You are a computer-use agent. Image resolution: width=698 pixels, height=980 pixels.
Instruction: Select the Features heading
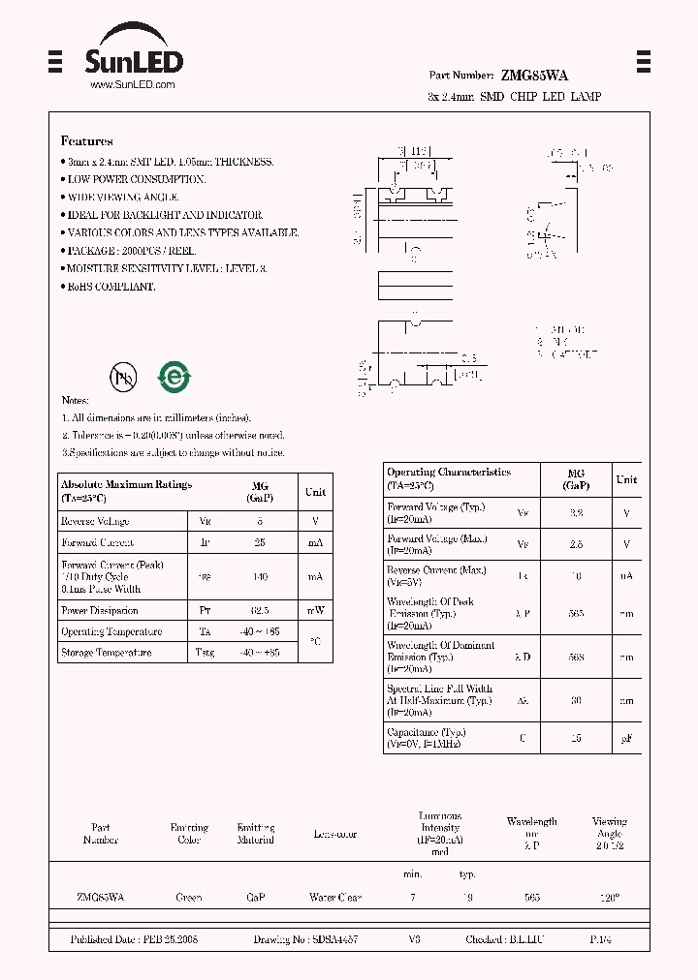(x=86, y=141)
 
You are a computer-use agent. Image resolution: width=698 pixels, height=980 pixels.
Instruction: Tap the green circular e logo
(x=174, y=378)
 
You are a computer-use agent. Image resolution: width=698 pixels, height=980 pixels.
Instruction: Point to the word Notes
(x=75, y=400)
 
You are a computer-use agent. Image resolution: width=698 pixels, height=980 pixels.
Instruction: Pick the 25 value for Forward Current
(x=259, y=542)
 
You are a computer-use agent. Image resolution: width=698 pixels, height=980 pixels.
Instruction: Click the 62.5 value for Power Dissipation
(x=259, y=611)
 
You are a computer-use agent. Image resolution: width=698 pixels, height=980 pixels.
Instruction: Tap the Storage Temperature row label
(x=106, y=653)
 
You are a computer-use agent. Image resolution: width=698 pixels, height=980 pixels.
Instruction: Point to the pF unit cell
(x=626, y=738)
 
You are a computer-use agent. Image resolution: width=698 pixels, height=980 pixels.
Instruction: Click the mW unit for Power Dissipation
(x=315, y=611)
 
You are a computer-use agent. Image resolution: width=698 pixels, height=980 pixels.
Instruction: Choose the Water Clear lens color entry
(x=334, y=899)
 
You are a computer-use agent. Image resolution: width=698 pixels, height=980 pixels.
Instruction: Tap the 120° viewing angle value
(x=609, y=899)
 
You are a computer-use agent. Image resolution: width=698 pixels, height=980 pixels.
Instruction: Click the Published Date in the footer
(x=134, y=940)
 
